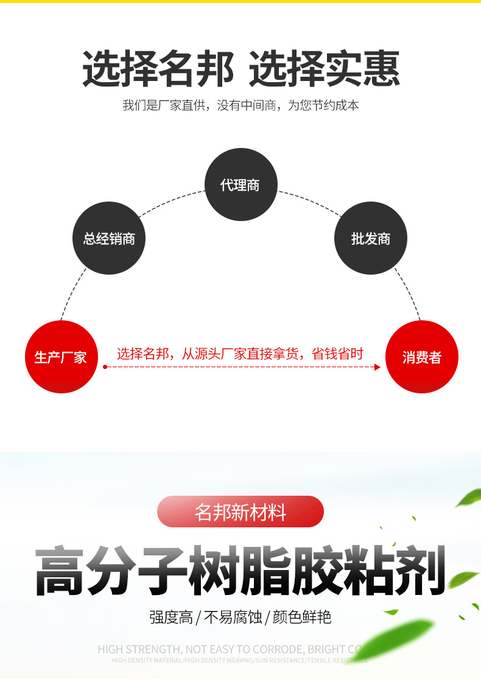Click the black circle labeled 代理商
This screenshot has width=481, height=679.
pos(240,185)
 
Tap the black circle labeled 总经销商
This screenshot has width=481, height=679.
pos(109,238)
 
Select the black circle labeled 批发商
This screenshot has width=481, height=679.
pos(370,238)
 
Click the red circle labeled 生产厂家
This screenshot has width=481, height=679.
pos(60,357)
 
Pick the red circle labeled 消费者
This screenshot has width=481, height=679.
pos(421,357)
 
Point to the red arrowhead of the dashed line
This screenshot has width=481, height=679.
pos(377,367)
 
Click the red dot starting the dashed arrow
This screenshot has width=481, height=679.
pos(105,367)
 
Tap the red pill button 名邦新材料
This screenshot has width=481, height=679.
pos(240,512)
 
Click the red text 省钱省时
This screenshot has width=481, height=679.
pos(337,353)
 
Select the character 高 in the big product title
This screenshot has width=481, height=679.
pos(59,571)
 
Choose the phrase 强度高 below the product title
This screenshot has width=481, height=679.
pos(171,617)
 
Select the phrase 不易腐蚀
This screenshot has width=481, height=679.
pos(233,617)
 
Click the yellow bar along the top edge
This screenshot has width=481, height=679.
pos(240,2)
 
